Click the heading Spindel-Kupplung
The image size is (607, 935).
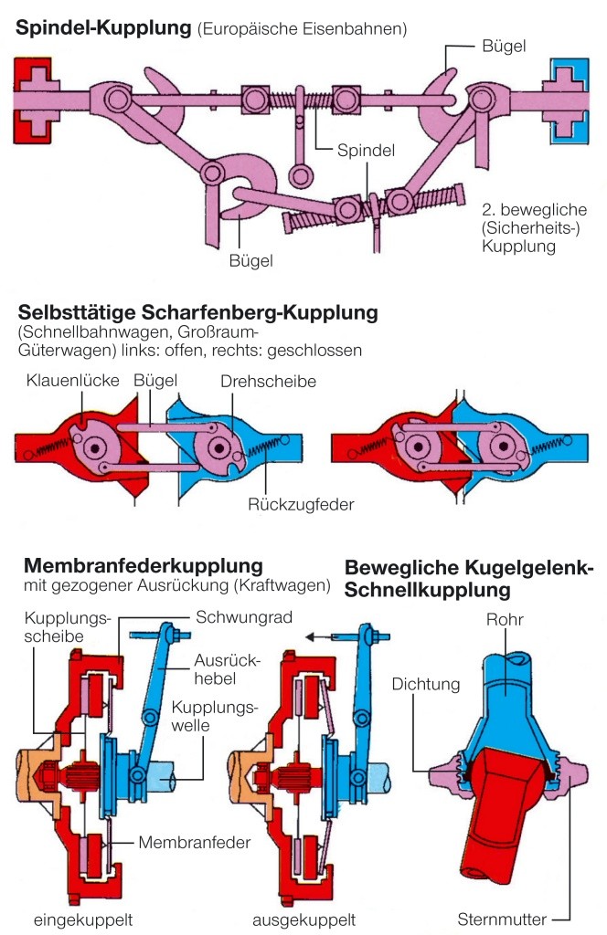pyautogui.click(x=102, y=27)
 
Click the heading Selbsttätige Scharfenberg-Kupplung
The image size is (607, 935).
pyautogui.click(x=196, y=313)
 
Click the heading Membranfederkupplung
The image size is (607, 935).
pyautogui.click(x=144, y=564)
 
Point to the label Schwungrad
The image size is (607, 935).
pyautogui.click(x=244, y=617)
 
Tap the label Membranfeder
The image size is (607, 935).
pyautogui.click(x=195, y=841)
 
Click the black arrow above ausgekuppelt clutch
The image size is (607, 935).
pyautogui.click(x=318, y=637)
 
